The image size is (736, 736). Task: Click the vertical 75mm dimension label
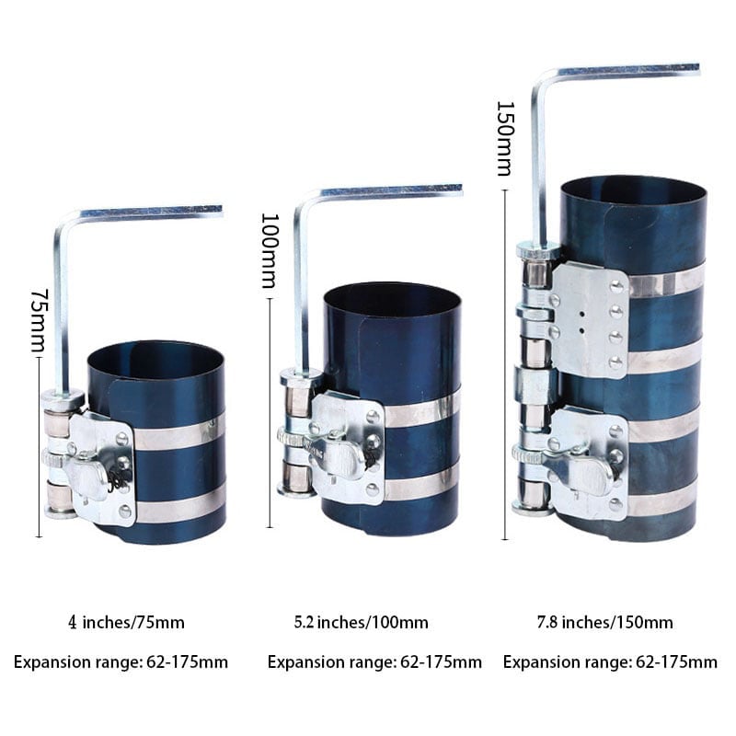[38, 319]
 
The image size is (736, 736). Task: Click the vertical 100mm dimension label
[270, 250]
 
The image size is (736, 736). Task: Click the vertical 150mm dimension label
[505, 139]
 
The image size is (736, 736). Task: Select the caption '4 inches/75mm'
[126, 623]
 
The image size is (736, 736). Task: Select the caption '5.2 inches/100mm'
[361, 623]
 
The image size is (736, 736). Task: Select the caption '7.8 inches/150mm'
[604, 623]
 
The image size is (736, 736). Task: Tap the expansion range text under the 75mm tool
[121, 662]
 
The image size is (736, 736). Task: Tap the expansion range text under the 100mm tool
[374, 662]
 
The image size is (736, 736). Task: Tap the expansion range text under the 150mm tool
[610, 662]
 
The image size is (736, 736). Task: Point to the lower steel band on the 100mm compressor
[420, 487]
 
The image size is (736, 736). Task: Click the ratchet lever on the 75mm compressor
[86, 474]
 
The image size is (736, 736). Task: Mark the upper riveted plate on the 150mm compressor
[590, 319]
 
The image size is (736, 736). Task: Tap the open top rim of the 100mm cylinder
[392, 300]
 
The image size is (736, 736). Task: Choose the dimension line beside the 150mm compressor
[505, 364]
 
